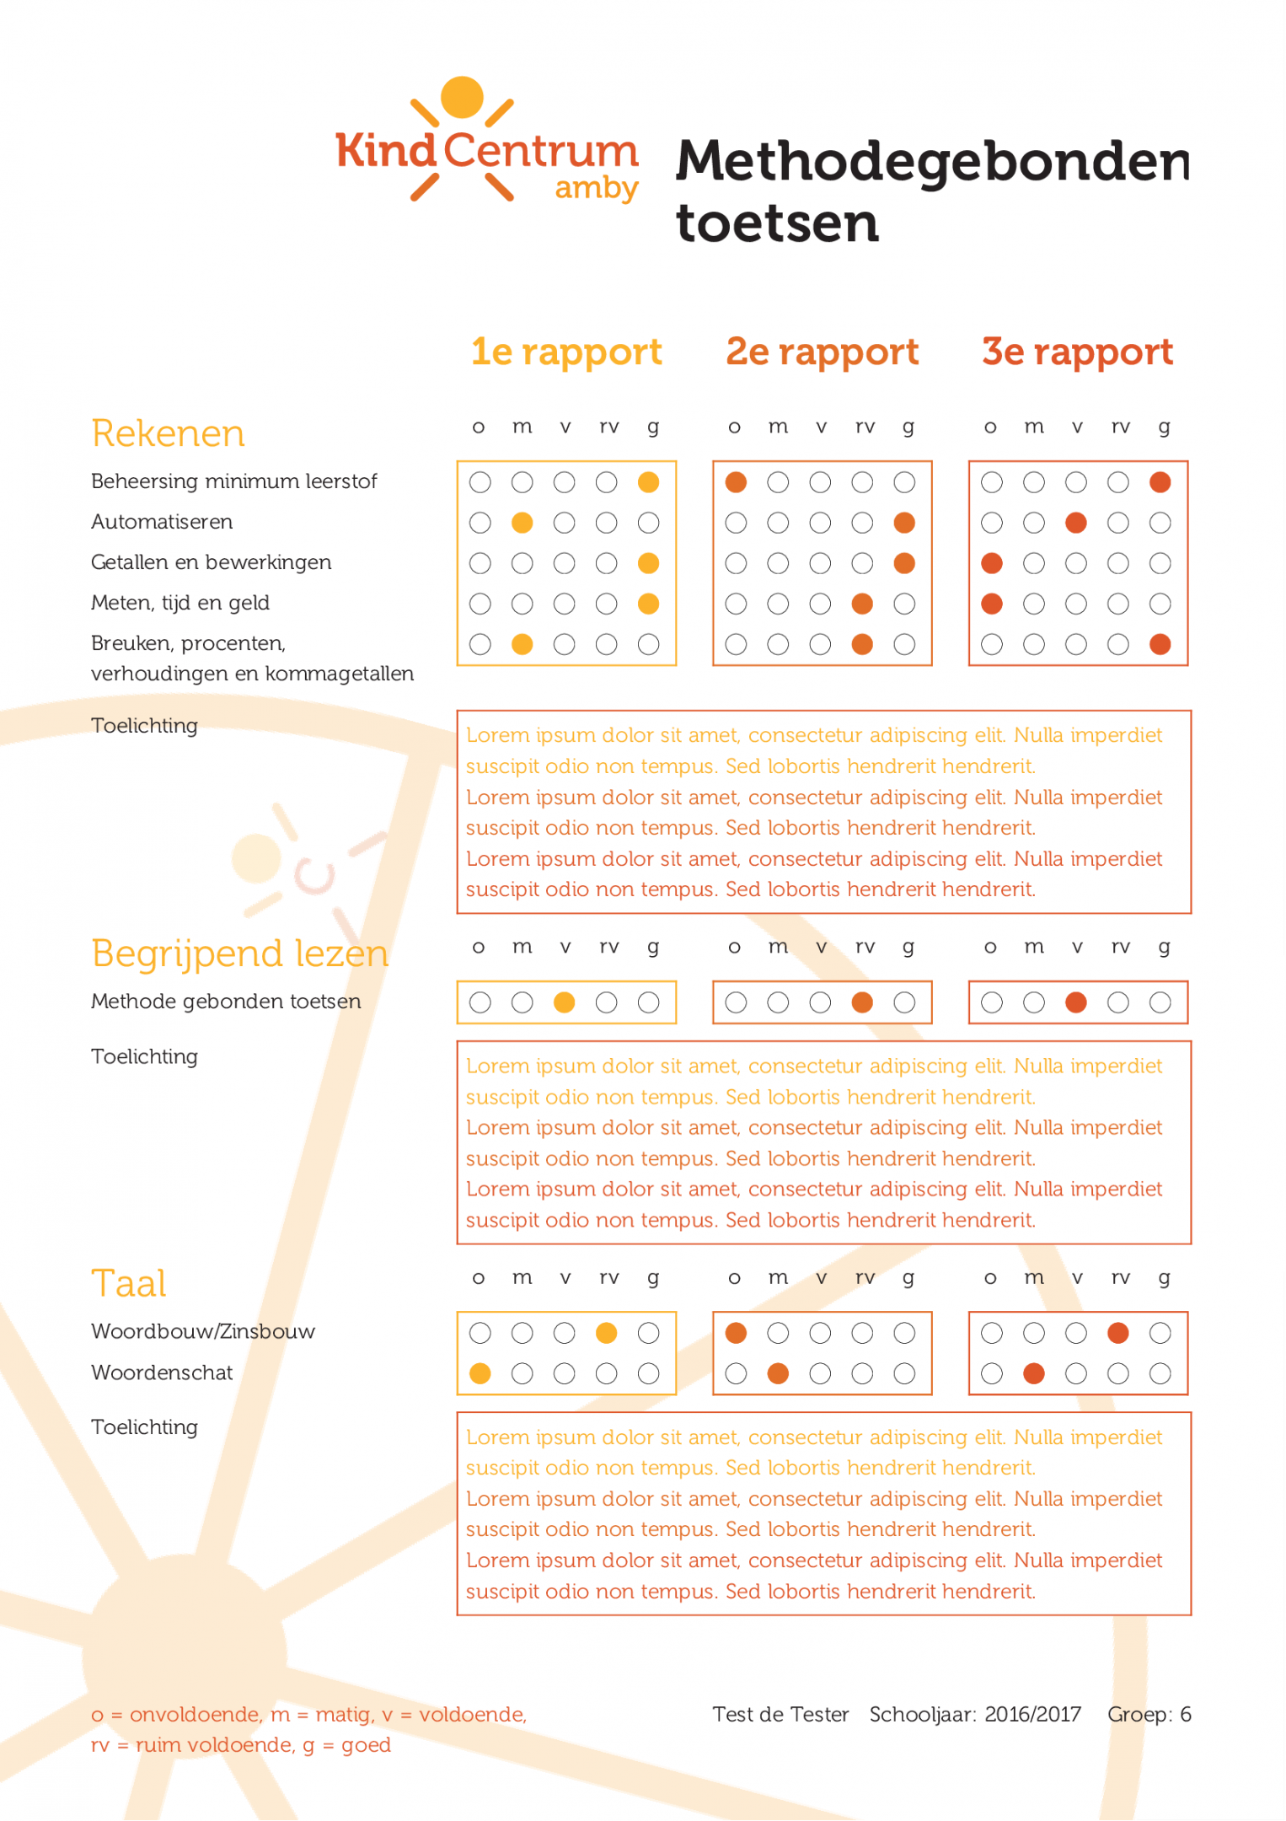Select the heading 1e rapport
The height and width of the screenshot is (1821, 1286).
pos(566,352)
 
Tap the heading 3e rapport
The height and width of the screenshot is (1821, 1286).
pos(1077,352)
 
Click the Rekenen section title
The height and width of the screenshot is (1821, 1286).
pos(168,433)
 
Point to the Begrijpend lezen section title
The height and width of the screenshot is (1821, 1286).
pos(239,953)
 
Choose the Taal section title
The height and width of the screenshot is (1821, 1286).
pos(128,1283)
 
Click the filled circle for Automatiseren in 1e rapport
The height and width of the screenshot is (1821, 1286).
pos(522,523)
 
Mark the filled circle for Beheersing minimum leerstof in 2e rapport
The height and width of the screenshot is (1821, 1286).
pos(736,482)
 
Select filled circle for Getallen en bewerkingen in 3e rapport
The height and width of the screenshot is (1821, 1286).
pos(992,563)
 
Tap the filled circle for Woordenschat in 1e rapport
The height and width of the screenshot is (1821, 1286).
pos(480,1373)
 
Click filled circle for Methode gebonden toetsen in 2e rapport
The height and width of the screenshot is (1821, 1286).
pos(862,1002)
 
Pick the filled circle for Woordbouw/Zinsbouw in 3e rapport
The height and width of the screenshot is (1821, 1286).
pos(1118,1333)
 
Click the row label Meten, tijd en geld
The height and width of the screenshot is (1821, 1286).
pos(180,603)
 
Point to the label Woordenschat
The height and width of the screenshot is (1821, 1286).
pos(162,1372)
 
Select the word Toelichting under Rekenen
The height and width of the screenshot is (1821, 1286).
pos(144,726)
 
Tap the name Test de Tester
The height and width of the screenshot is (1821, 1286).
pos(780,1714)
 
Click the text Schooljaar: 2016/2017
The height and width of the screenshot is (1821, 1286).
pos(975,1714)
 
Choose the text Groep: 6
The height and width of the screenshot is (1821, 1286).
pos(1149,1714)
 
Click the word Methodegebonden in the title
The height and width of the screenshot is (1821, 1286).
pos(932,161)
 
